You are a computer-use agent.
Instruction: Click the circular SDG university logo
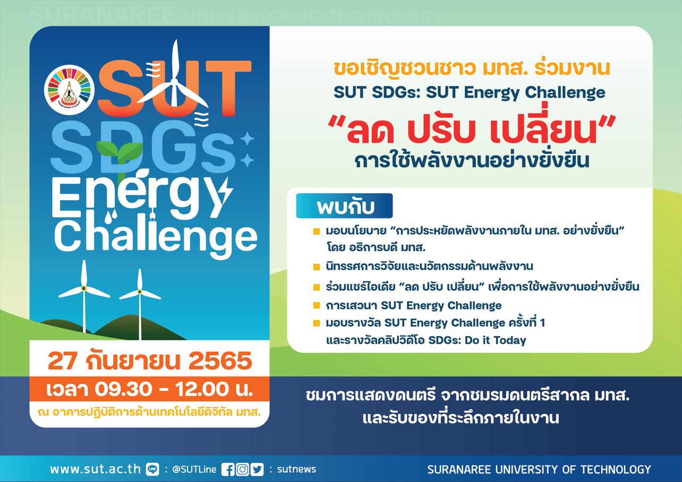(x=70, y=90)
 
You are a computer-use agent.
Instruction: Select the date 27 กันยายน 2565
(x=150, y=361)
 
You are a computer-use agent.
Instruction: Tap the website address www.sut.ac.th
(x=96, y=469)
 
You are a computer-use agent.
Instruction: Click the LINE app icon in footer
(x=153, y=469)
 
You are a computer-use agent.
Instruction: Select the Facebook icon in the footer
(x=228, y=469)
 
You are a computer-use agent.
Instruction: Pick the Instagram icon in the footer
(x=243, y=469)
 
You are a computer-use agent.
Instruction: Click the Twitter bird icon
(x=257, y=469)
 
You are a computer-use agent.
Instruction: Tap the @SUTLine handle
(x=194, y=469)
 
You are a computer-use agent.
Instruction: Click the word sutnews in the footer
(x=296, y=469)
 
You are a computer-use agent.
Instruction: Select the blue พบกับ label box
(x=344, y=206)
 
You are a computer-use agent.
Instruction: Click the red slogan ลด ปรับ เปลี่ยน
(x=471, y=129)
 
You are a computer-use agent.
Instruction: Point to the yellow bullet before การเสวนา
(x=317, y=306)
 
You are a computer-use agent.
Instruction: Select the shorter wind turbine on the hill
(x=140, y=304)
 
